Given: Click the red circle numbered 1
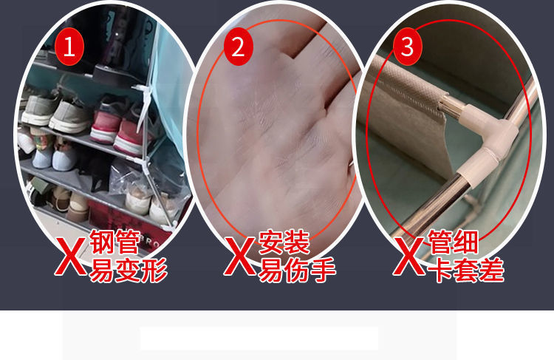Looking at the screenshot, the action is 69,47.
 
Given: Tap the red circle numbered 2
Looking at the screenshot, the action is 239,47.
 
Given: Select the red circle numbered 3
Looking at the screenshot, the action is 407,47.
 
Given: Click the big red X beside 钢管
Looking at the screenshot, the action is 71,257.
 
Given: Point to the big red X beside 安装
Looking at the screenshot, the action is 240,257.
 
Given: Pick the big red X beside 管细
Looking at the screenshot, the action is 408,257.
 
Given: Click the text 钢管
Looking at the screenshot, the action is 114,242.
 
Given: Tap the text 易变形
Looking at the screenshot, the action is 129,271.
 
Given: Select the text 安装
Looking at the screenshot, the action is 284,242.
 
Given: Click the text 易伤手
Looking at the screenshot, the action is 297,271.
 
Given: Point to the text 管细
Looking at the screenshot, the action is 454,242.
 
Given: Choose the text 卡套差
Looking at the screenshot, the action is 466,271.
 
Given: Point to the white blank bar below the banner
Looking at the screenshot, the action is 259,339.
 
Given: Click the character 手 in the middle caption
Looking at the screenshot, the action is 323,271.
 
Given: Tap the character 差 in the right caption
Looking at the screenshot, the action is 492,271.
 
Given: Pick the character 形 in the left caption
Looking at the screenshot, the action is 154,271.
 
